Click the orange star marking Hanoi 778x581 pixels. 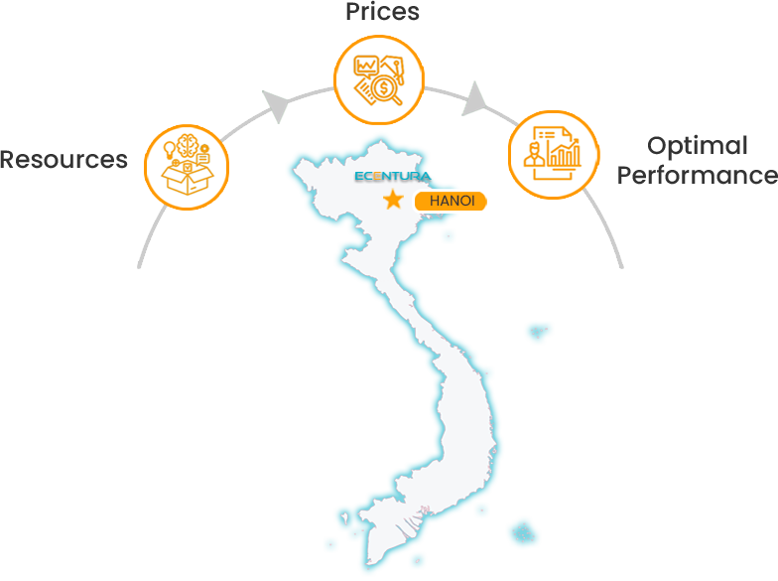click(x=393, y=201)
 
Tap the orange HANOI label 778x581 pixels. click(x=452, y=201)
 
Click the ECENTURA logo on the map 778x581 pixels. click(x=392, y=177)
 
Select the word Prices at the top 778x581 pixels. click(x=382, y=12)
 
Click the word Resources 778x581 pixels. click(x=64, y=159)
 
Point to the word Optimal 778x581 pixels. click(x=697, y=146)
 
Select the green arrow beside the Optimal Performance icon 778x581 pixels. click(x=474, y=97)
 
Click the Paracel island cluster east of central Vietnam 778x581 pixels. click(x=538, y=331)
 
